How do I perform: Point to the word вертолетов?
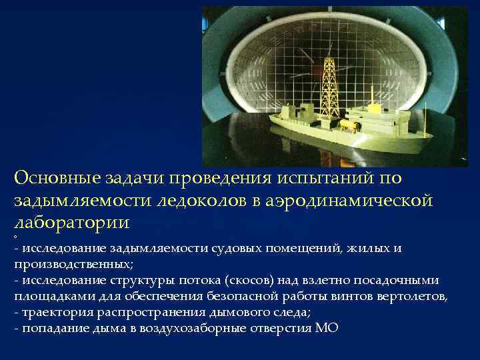click(410, 296)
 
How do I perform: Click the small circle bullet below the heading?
click(15, 237)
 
